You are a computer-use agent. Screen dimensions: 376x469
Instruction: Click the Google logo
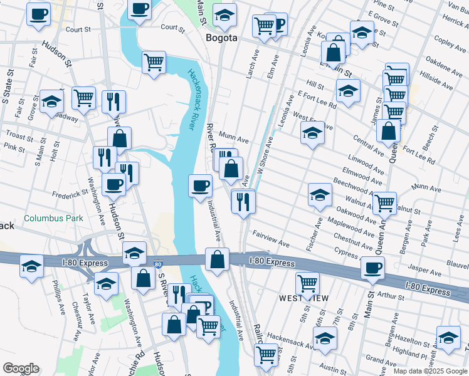[21, 368]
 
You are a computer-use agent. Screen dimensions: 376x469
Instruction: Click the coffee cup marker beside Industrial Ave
[201, 185]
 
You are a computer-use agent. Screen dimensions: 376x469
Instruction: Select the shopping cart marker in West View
[307, 283]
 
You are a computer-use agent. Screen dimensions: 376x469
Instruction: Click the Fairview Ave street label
[271, 238]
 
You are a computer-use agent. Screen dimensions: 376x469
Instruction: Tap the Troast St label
[19, 135]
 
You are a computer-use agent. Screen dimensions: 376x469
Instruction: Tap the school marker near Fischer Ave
[320, 195]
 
